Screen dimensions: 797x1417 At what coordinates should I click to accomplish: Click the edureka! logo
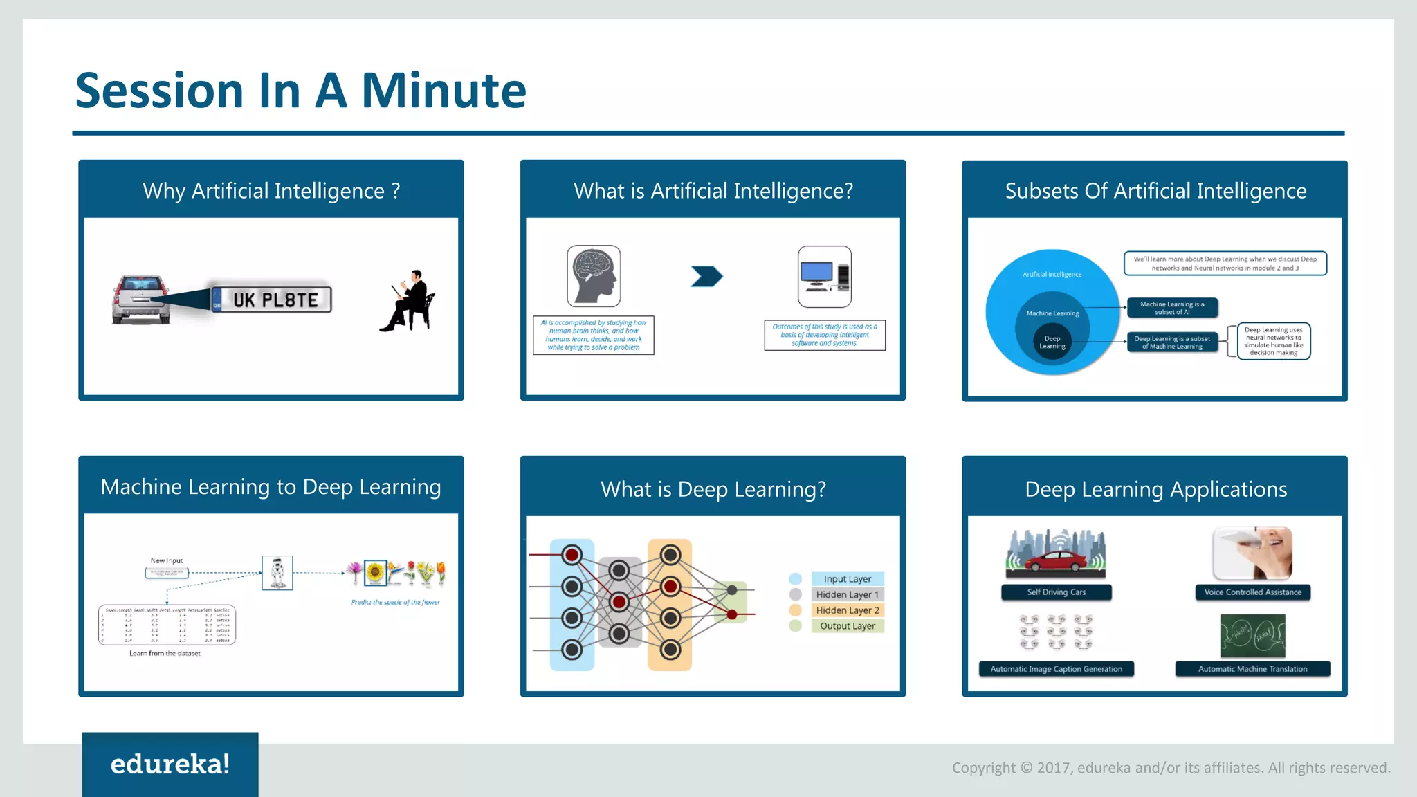click(170, 764)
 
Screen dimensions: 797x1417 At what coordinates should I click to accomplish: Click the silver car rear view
click(141, 300)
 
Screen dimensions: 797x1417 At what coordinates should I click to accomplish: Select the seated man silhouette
click(410, 302)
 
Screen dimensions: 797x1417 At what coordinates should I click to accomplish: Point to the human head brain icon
click(594, 276)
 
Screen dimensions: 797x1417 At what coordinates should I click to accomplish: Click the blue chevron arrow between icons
click(706, 277)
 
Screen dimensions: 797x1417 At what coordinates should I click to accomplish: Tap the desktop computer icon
click(824, 276)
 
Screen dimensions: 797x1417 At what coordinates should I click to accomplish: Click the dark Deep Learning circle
click(1052, 342)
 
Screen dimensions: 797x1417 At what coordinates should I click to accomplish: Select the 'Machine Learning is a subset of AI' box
click(1171, 308)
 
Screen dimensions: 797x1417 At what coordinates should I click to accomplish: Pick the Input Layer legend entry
click(847, 579)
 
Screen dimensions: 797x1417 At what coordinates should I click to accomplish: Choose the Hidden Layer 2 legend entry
click(847, 610)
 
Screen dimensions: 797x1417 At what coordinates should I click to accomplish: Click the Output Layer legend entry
click(847, 626)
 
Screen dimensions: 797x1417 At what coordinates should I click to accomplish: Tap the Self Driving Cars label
click(1056, 592)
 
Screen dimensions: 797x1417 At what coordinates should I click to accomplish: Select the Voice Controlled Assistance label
click(1252, 592)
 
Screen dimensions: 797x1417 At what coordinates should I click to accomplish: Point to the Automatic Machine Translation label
click(1252, 669)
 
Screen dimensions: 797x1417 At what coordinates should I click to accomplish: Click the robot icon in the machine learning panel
click(277, 573)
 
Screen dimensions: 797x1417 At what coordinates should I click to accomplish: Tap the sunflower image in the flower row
click(375, 572)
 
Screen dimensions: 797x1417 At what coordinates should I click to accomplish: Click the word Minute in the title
click(444, 91)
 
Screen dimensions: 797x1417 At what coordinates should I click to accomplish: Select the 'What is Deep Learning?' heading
click(713, 489)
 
